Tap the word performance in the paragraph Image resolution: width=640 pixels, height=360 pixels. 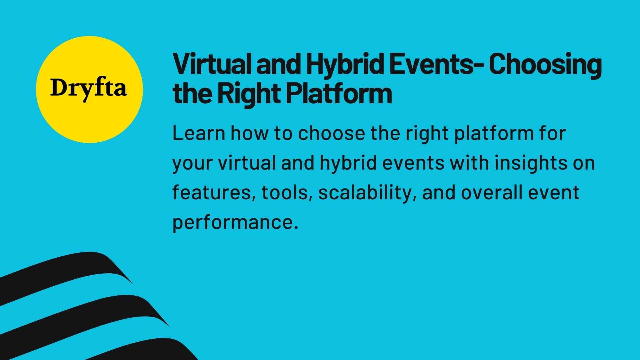point(235,222)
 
